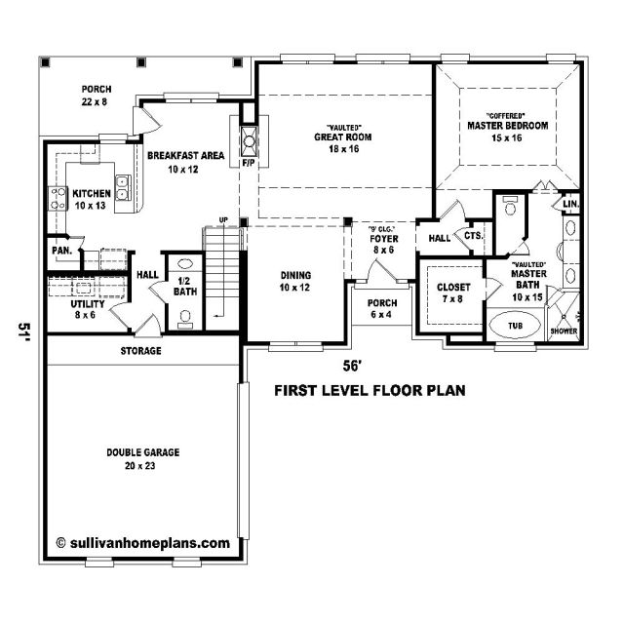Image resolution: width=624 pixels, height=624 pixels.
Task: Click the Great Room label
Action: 342,136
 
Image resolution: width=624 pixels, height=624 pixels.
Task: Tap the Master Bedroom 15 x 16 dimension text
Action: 507,138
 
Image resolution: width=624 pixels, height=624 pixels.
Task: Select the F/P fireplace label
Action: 249,163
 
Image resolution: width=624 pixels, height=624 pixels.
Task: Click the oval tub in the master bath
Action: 515,326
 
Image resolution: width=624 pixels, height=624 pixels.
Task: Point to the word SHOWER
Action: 564,331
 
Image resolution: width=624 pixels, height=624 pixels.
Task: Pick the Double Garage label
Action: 143,452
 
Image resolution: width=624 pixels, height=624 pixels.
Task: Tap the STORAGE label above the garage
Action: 140,351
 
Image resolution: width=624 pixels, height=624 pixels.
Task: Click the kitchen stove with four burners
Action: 58,199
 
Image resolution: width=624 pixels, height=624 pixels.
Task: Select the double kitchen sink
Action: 123,187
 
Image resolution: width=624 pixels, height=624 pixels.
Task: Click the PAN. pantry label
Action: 62,251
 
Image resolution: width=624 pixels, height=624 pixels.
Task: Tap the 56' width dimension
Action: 352,367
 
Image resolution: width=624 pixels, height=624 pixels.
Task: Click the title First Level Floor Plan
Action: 370,390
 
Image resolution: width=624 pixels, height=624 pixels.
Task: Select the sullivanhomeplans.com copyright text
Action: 143,543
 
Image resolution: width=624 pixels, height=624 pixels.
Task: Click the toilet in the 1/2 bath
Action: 185,319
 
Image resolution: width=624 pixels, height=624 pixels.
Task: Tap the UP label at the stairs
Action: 223,219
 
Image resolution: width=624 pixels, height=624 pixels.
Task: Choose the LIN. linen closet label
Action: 571,204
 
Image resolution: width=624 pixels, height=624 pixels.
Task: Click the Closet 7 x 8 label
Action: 453,292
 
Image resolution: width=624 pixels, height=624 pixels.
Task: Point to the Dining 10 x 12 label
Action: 295,281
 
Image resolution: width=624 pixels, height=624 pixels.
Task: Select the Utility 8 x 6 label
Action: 87,309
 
